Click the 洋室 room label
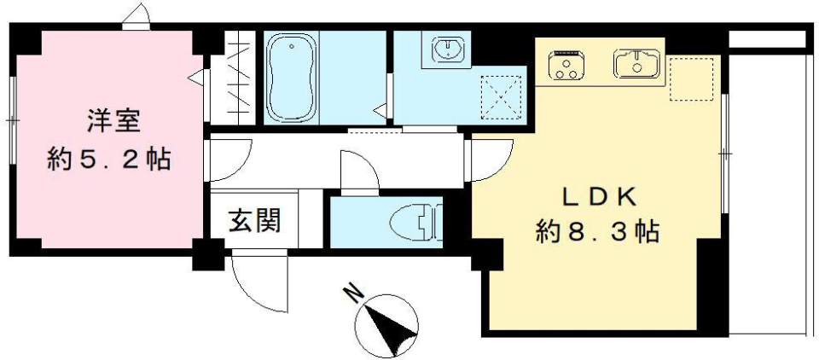(112, 120)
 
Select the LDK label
(598, 196)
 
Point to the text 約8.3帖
(597, 230)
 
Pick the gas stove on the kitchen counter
(566, 65)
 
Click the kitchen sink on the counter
(632, 63)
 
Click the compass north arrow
(388, 323)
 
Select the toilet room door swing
(358, 171)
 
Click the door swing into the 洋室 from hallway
(224, 162)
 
